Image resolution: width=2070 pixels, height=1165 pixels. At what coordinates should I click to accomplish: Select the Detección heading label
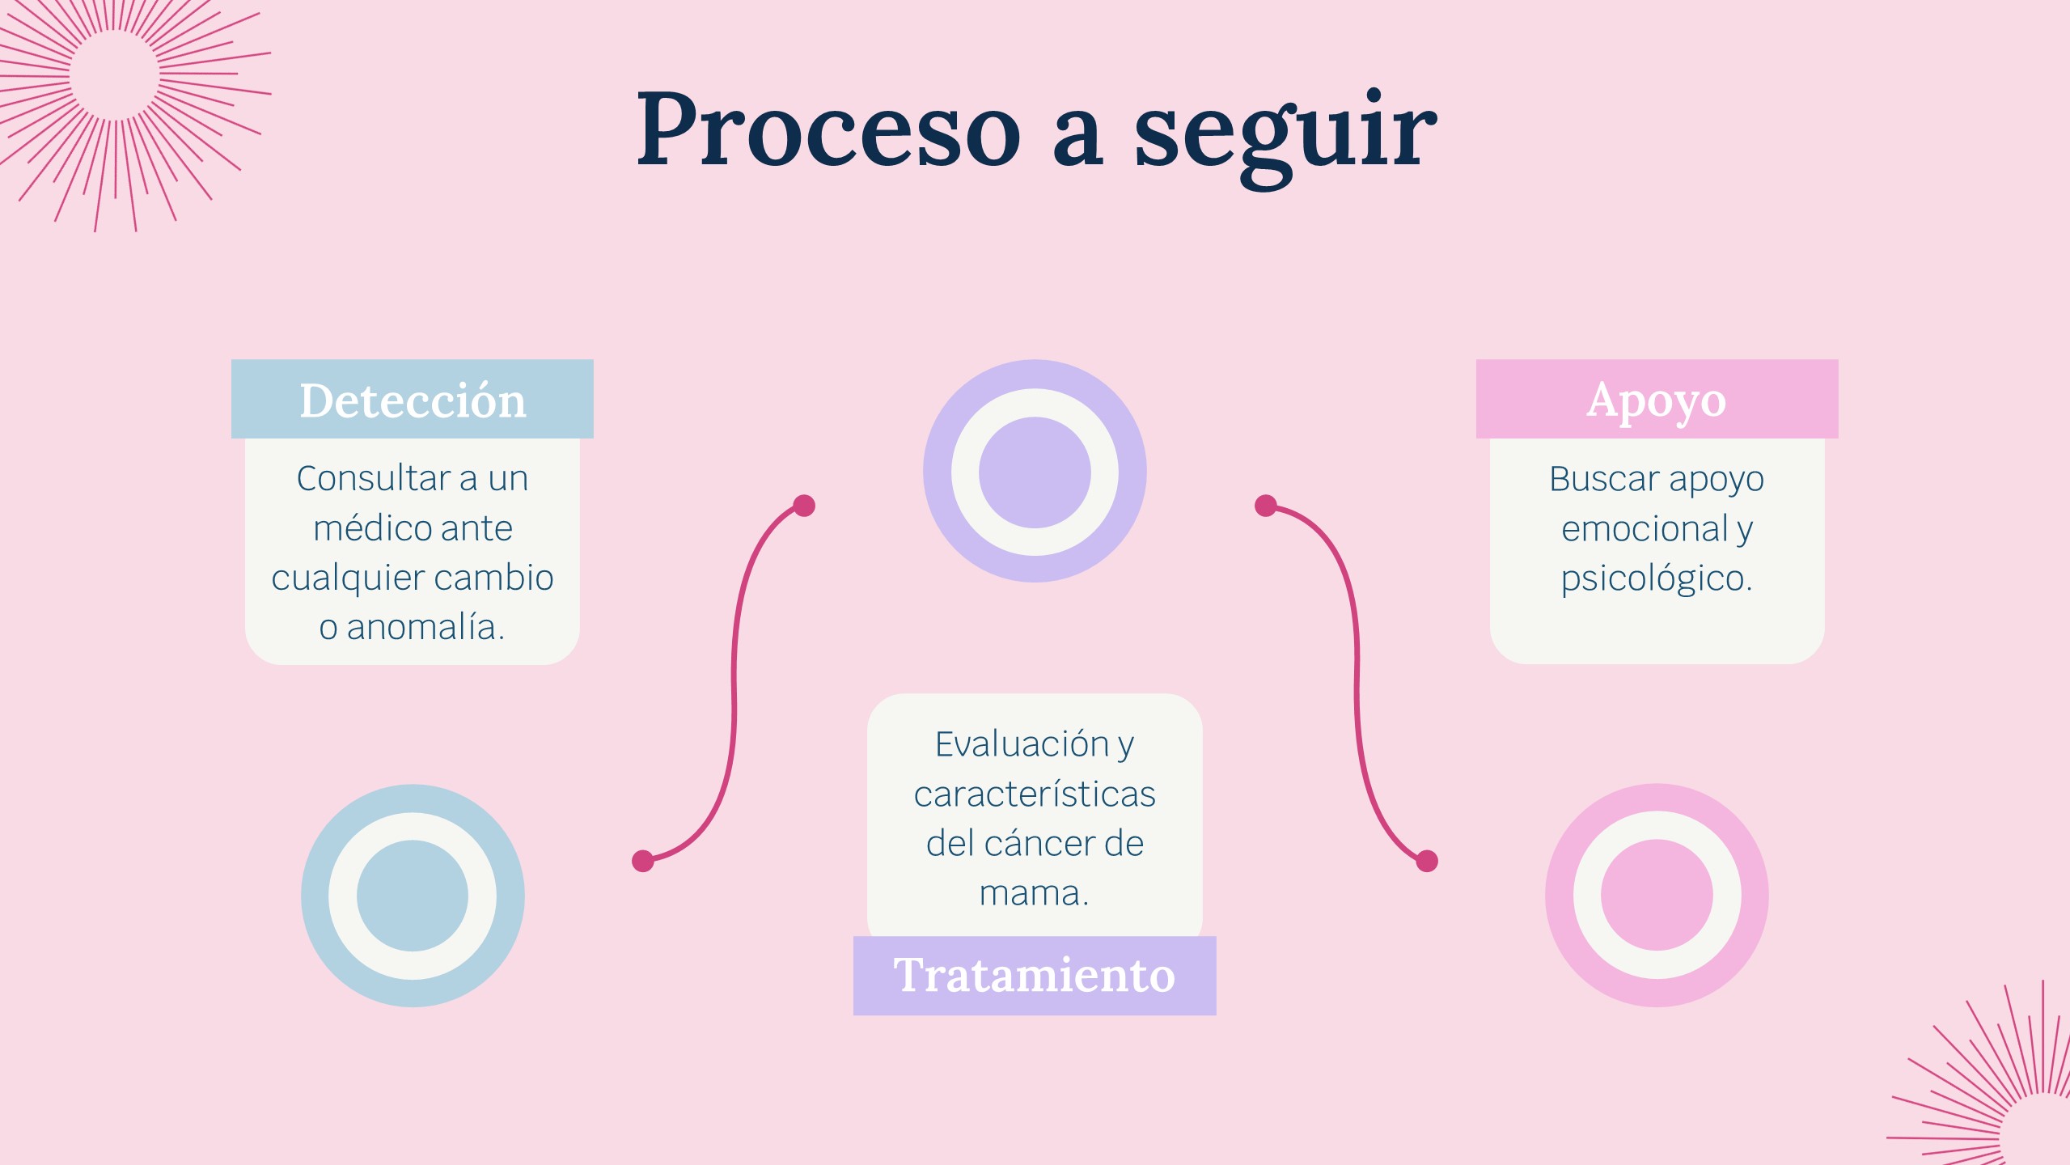pyautogui.click(x=413, y=400)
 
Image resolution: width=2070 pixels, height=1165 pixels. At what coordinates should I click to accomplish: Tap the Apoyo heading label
pyautogui.click(x=1657, y=400)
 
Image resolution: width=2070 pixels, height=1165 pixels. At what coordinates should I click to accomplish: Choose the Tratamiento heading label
pyautogui.click(x=1034, y=976)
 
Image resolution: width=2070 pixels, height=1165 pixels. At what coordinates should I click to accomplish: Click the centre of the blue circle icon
pyautogui.click(x=413, y=896)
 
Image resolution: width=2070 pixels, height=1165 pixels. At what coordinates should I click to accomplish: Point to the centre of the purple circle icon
pyautogui.click(x=1035, y=472)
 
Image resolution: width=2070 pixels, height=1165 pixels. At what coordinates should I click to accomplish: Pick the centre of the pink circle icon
pyautogui.click(x=1657, y=896)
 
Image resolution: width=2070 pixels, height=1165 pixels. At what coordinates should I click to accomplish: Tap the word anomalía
pyautogui.click(x=425, y=628)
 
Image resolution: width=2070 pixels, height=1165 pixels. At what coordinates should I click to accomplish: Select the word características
pyautogui.click(x=1035, y=794)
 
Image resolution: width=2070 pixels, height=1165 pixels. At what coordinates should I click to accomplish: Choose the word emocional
pyautogui.click(x=1645, y=529)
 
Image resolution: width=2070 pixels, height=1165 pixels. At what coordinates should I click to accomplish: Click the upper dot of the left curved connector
pyautogui.click(x=804, y=506)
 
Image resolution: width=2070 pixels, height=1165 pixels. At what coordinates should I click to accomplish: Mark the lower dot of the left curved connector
pyautogui.click(x=643, y=861)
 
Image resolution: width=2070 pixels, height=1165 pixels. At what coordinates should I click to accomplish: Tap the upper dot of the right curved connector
pyautogui.click(x=1266, y=506)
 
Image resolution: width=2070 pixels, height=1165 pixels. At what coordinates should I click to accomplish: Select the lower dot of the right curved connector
pyautogui.click(x=1427, y=862)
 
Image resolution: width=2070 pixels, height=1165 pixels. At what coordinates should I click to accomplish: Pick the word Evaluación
pyautogui.click(x=1022, y=744)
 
